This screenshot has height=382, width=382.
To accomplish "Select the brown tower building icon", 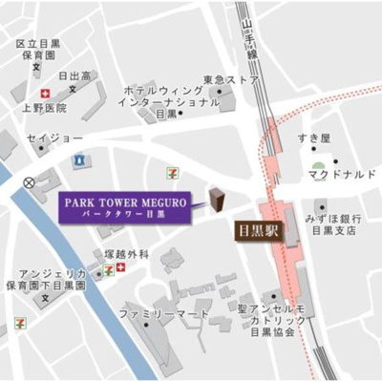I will tap(216, 198).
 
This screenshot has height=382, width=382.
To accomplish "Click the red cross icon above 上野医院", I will tap(44, 93).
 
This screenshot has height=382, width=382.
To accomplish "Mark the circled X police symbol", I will tap(30, 181).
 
